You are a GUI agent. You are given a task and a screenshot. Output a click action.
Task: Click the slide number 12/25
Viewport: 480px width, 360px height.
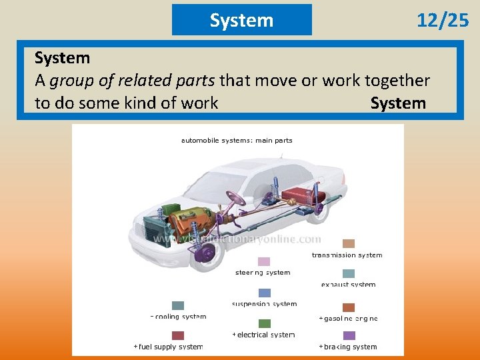point(443,21)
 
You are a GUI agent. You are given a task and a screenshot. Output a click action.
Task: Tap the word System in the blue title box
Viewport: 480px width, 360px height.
point(241,20)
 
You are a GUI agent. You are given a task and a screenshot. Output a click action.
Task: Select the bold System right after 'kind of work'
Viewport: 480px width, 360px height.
point(398,103)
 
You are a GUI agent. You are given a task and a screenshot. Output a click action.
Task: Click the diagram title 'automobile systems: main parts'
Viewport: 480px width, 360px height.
point(237,141)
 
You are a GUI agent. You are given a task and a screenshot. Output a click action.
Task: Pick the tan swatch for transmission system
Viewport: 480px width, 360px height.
point(349,243)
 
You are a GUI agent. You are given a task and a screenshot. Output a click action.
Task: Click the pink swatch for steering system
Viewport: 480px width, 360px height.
point(264,261)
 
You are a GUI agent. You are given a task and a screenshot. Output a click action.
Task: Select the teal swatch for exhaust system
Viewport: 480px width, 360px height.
point(349,273)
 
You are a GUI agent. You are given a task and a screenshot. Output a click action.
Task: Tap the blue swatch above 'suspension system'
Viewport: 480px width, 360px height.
point(265,293)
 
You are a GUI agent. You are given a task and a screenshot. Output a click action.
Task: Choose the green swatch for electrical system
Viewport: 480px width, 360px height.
point(265,323)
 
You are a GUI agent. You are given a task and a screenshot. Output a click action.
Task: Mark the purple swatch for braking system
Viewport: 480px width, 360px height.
point(349,335)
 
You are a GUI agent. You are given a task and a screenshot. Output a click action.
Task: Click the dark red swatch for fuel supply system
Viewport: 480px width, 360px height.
point(178,335)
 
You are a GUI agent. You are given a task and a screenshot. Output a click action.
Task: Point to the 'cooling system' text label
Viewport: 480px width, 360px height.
point(179,317)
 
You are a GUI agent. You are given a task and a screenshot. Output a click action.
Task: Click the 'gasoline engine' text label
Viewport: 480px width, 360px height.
point(349,319)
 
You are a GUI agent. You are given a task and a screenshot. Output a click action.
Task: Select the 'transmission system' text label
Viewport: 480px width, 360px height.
point(347,255)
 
